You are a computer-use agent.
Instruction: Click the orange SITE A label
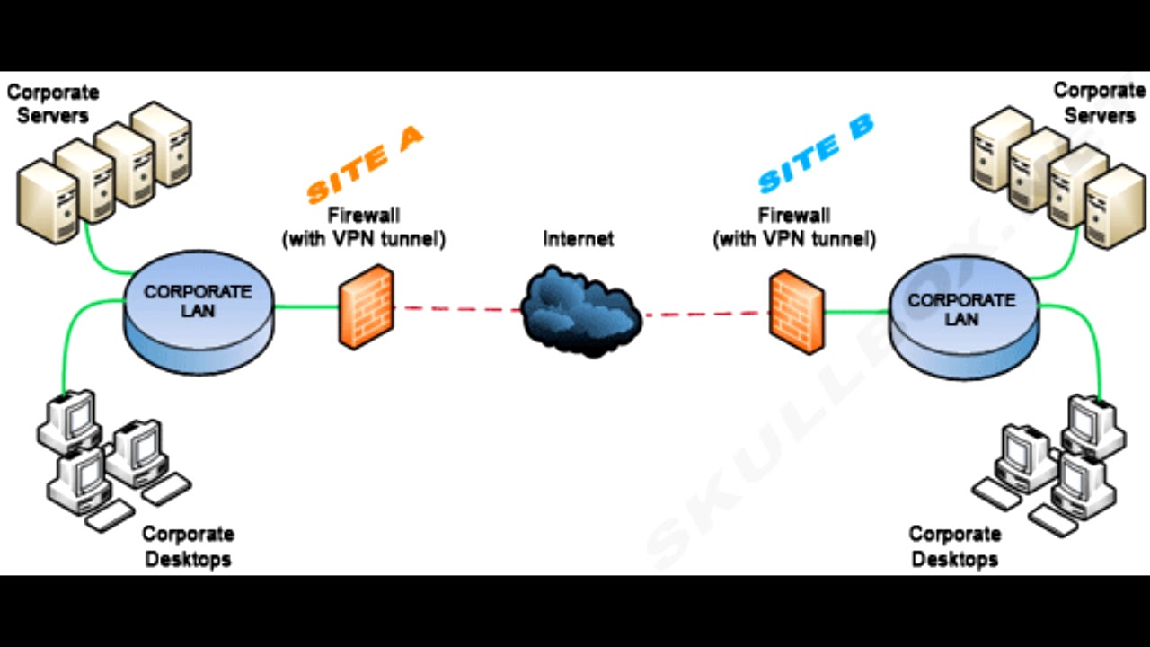point(364,164)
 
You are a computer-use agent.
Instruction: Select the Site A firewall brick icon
point(366,306)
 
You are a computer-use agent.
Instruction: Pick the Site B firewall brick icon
point(797,312)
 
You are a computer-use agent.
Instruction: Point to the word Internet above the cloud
point(579,238)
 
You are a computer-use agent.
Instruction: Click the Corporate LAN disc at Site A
point(198,311)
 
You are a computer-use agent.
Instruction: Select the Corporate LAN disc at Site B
point(962,317)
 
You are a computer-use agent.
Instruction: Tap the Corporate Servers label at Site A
point(53,103)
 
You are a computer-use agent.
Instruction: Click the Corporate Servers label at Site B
point(1099,102)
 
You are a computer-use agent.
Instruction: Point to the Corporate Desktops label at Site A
point(187,546)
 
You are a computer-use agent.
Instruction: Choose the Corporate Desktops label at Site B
point(954,546)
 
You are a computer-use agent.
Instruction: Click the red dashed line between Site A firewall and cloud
point(458,309)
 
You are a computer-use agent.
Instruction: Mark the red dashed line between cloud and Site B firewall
point(705,315)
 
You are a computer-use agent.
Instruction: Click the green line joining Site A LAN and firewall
point(305,306)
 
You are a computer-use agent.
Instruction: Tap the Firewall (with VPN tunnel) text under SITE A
point(364,227)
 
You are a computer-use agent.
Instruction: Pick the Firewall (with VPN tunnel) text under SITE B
point(794,227)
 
